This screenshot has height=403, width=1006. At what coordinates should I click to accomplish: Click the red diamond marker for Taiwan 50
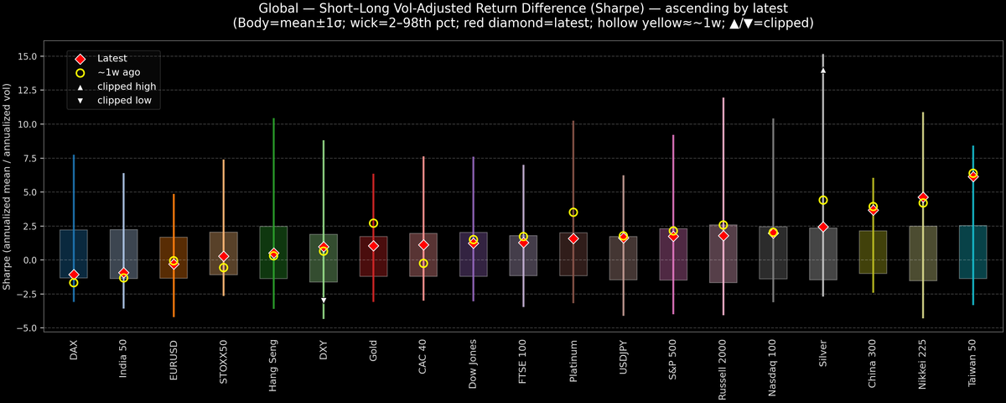pyautogui.click(x=972, y=176)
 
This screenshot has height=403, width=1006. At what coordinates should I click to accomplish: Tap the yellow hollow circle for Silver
pyautogui.click(x=823, y=200)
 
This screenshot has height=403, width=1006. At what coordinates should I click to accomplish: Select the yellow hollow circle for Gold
pyautogui.click(x=373, y=223)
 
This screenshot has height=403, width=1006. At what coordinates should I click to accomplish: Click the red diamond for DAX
pyautogui.click(x=74, y=275)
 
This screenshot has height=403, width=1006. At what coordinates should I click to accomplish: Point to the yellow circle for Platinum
pyautogui.click(x=573, y=212)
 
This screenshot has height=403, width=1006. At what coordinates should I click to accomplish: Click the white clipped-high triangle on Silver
pyautogui.click(x=823, y=71)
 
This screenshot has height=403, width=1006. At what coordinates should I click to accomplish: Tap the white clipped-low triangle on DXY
pyautogui.click(x=324, y=300)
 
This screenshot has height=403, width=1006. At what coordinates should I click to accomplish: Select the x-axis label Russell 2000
pyautogui.click(x=723, y=363)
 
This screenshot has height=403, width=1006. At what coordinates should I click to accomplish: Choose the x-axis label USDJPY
pyautogui.click(x=624, y=358)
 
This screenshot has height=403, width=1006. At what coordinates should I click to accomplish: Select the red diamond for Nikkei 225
pyautogui.click(x=923, y=197)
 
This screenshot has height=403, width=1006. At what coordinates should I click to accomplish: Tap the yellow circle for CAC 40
pyautogui.click(x=423, y=264)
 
